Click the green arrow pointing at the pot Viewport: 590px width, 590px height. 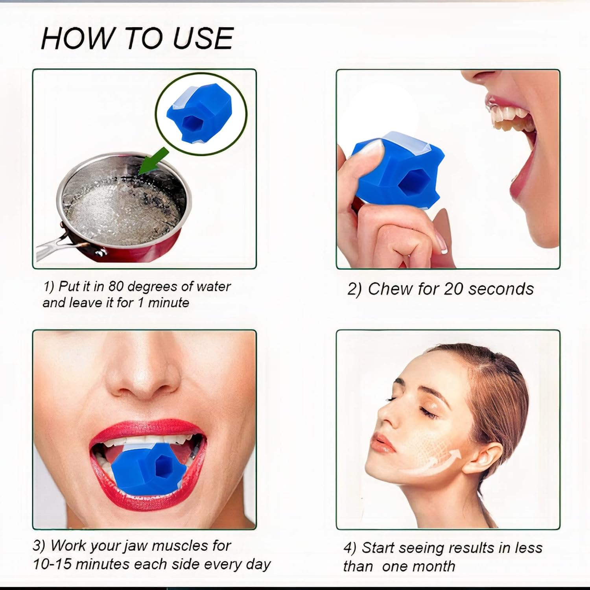coord(153,162)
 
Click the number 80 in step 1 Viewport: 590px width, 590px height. coord(117,286)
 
